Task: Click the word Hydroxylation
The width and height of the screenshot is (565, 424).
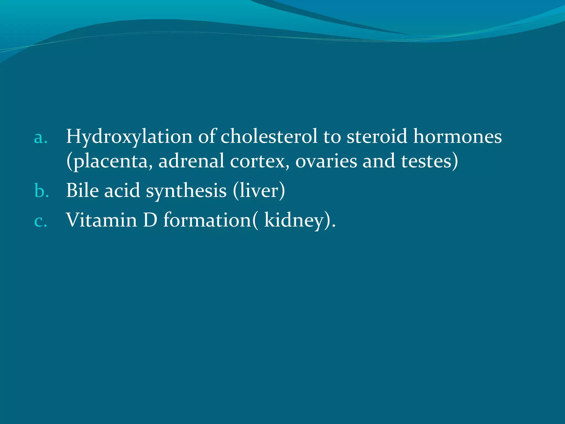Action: (129, 137)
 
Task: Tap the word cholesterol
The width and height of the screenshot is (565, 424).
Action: (269, 137)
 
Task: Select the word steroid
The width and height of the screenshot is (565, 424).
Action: (377, 137)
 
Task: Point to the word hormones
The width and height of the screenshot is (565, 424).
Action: (457, 137)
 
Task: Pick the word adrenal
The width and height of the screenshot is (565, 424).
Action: (191, 161)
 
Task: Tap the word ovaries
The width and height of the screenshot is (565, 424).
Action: (326, 161)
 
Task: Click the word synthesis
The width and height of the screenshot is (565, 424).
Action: (186, 191)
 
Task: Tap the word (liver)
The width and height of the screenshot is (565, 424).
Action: (259, 191)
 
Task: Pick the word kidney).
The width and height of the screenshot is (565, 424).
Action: (299, 221)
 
